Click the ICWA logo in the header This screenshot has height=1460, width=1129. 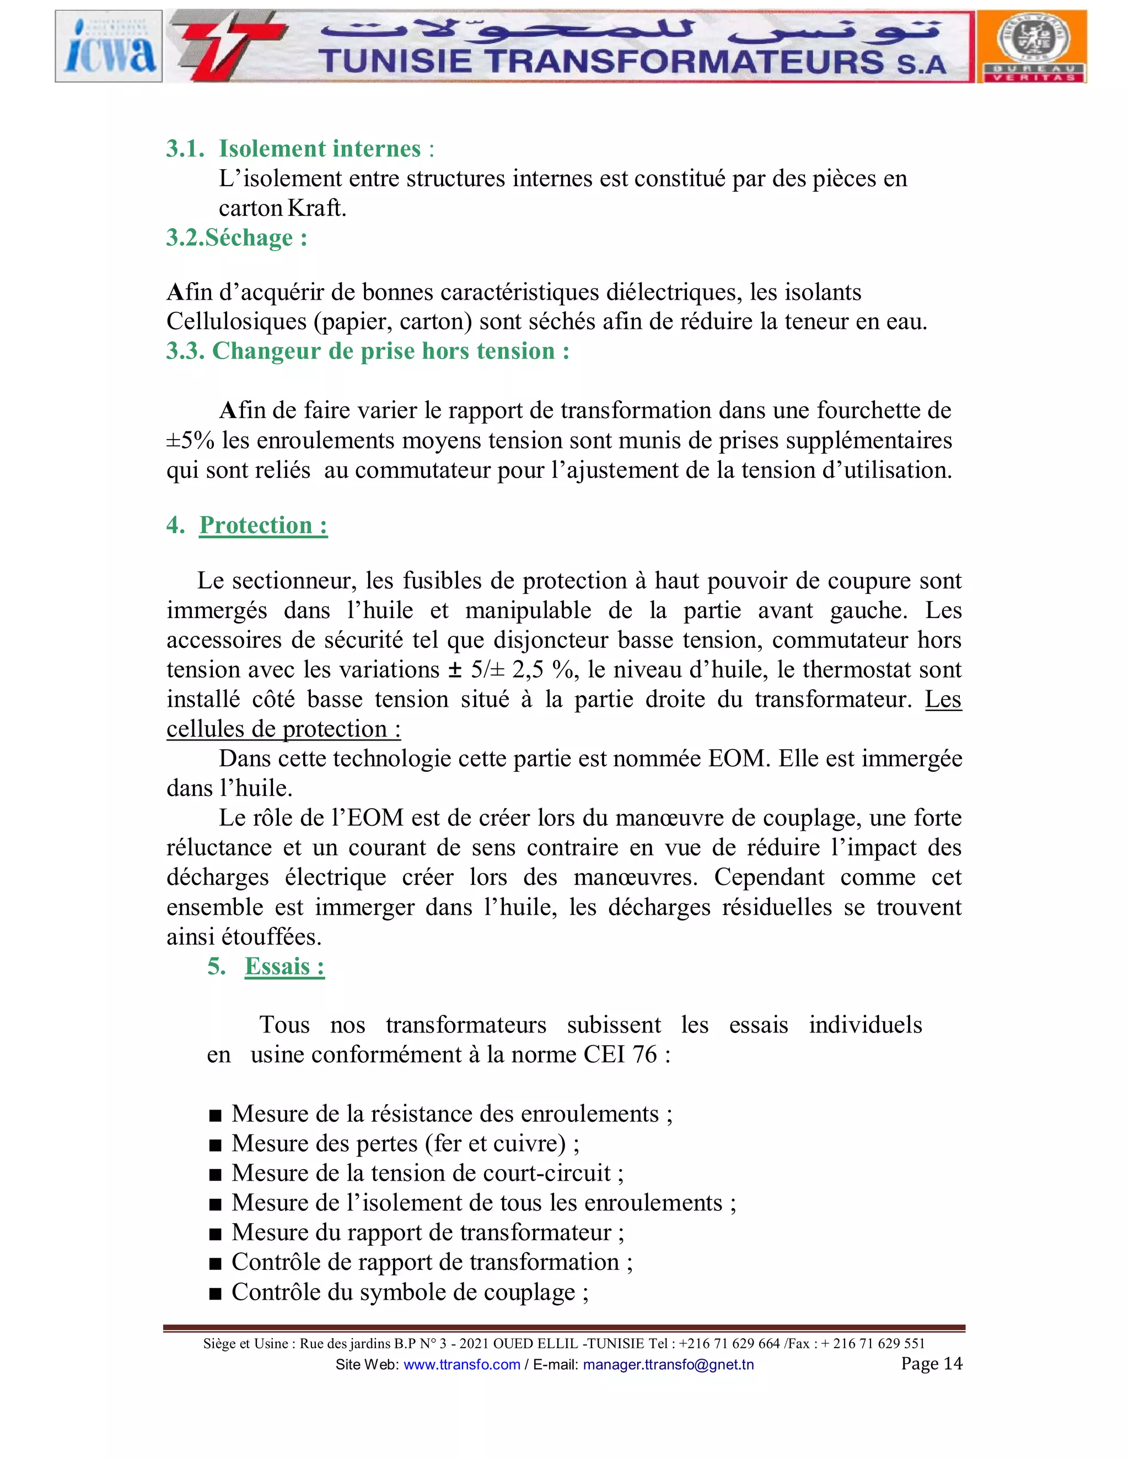[109, 47]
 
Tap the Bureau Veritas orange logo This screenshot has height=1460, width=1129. [1032, 47]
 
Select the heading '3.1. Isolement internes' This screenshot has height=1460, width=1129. [300, 148]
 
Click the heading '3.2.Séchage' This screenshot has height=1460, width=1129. [236, 237]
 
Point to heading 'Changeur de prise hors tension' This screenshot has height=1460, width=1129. [391, 351]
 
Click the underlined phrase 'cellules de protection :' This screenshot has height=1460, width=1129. [283, 729]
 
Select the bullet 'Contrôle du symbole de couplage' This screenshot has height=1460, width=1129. [410, 1292]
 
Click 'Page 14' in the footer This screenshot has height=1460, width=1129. [931, 1363]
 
